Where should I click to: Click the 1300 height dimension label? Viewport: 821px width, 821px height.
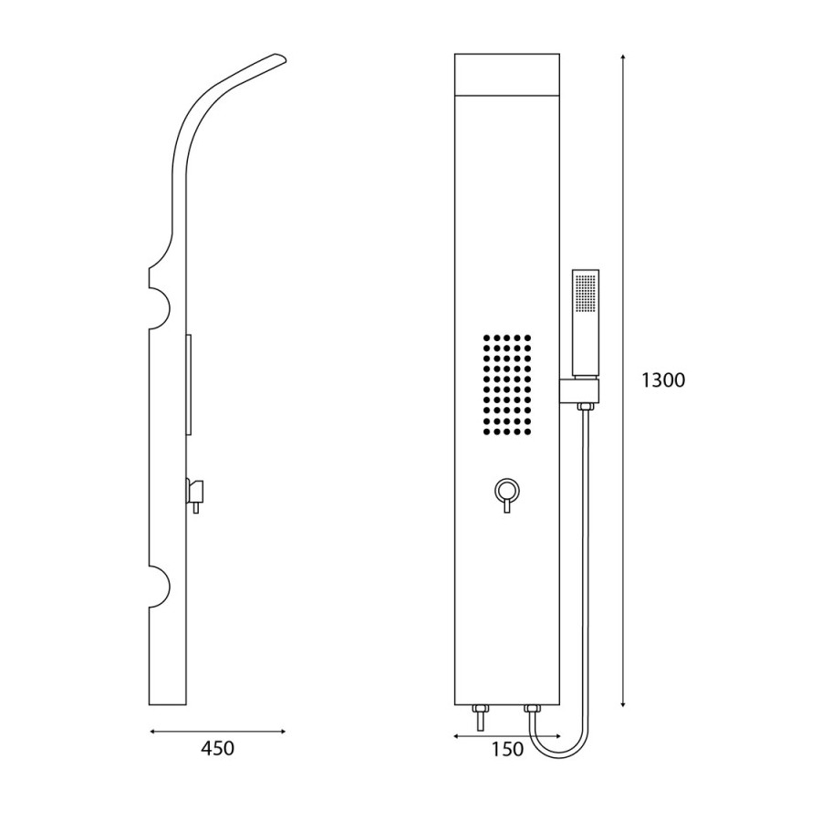(663, 380)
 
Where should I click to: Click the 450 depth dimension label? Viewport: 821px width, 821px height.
(217, 748)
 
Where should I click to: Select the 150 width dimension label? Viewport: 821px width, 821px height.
(507, 749)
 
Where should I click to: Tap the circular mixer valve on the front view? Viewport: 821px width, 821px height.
(507, 491)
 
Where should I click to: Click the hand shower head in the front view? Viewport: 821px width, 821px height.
(586, 323)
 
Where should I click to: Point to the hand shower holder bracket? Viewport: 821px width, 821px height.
(579, 390)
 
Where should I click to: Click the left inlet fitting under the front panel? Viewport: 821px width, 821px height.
(479, 717)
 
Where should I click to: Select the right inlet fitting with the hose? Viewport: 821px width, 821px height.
(532, 711)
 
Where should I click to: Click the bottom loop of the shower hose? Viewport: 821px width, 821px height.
(558, 754)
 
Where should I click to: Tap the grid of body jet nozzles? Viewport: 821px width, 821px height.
(507, 385)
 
